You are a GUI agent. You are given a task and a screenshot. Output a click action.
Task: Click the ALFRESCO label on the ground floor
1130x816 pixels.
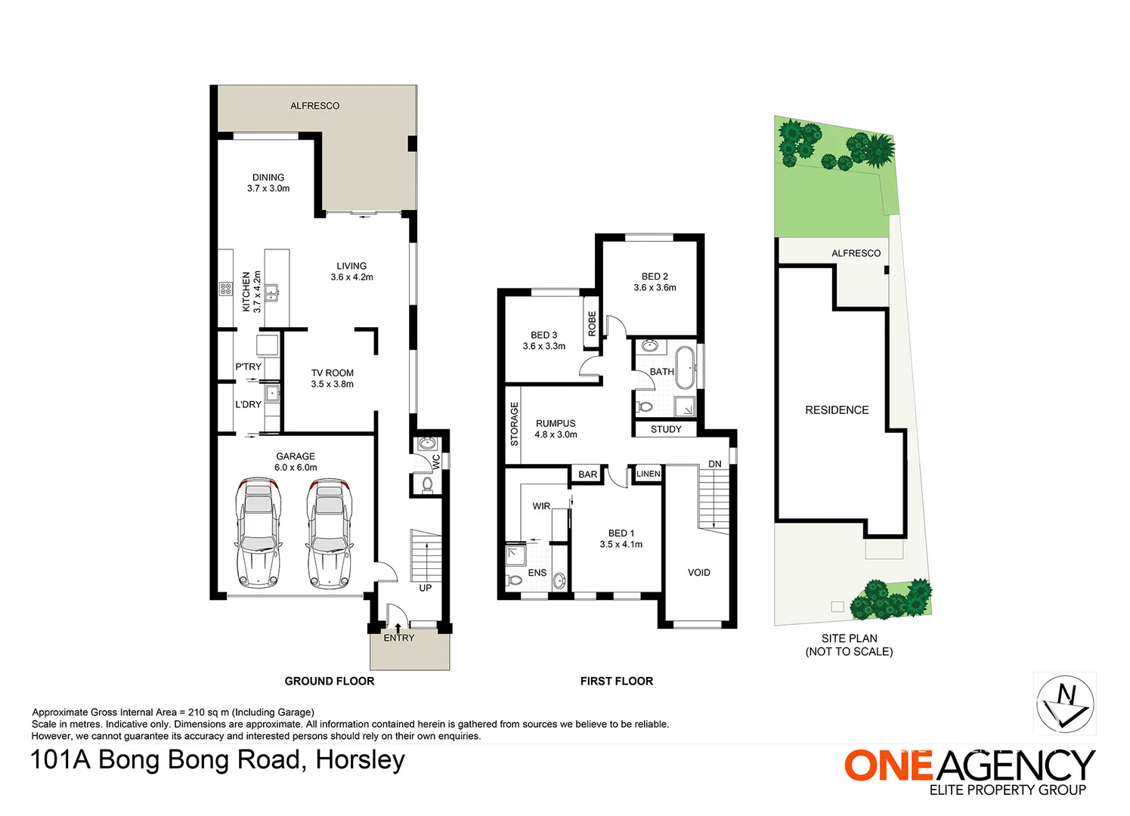coord(314,106)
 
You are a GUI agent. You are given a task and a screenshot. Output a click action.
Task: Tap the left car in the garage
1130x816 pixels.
coord(259,533)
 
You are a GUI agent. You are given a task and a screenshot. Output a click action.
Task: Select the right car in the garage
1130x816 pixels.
coord(330,533)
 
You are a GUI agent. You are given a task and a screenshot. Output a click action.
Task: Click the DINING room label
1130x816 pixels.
coord(268,177)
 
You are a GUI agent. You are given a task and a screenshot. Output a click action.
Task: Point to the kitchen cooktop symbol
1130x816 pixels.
coord(225,289)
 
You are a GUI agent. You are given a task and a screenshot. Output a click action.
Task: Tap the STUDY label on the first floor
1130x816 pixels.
coord(666,429)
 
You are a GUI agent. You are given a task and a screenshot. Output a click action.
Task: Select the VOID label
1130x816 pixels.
coord(698,573)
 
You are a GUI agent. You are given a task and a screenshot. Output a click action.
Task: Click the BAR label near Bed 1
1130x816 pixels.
coord(588,474)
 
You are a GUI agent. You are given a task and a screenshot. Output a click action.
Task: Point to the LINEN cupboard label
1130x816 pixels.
coord(649,474)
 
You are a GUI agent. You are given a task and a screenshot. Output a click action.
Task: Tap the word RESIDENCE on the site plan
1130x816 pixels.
coord(837,410)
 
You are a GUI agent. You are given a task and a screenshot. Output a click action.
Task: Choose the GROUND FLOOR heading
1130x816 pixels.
coord(330,682)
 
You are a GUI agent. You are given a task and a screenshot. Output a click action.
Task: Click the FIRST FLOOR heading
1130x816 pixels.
coord(617,682)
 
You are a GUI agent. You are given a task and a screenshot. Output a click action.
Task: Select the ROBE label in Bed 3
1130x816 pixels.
coord(593,323)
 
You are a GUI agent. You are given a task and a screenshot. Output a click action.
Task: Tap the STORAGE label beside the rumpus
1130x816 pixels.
coord(514,424)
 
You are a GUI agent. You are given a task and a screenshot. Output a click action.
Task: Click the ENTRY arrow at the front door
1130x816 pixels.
coord(398,629)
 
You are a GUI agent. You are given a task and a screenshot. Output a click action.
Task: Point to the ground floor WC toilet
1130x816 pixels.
coord(427,484)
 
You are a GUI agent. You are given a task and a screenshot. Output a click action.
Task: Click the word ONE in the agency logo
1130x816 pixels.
coord(888,765)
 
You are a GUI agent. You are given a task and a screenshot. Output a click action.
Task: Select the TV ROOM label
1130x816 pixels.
coord(332,372)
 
